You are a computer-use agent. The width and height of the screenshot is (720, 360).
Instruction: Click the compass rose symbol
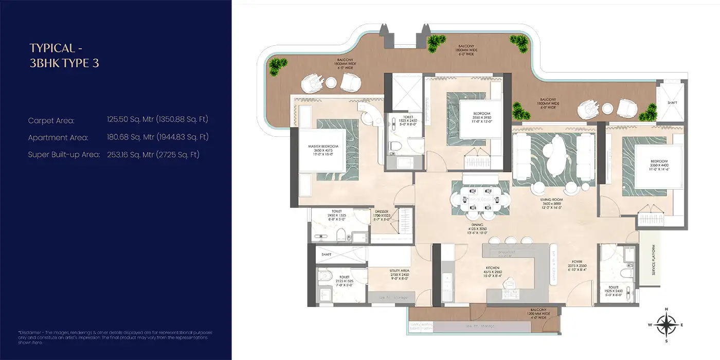(x=667, y=325)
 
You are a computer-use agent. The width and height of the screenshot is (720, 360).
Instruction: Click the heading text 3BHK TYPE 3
(x=64, y=63)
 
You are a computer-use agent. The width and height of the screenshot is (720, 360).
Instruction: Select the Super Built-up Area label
(x=64, y=154)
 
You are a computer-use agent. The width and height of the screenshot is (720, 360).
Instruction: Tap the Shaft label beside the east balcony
(x=673, y=103)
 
